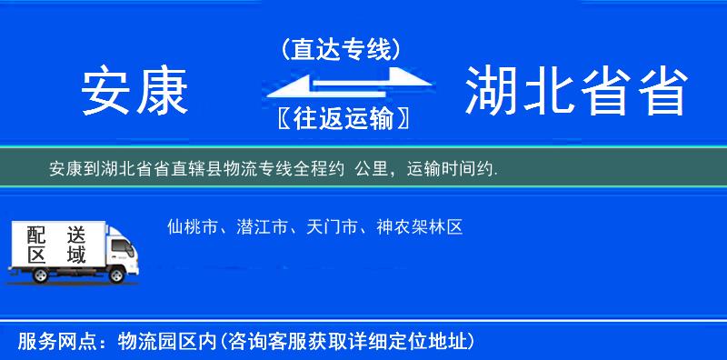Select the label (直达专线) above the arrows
[x=341, y=50]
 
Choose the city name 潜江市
[x=254, y=227]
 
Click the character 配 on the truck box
[x=35, y=234]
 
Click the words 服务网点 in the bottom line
[x=45, y=342]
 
